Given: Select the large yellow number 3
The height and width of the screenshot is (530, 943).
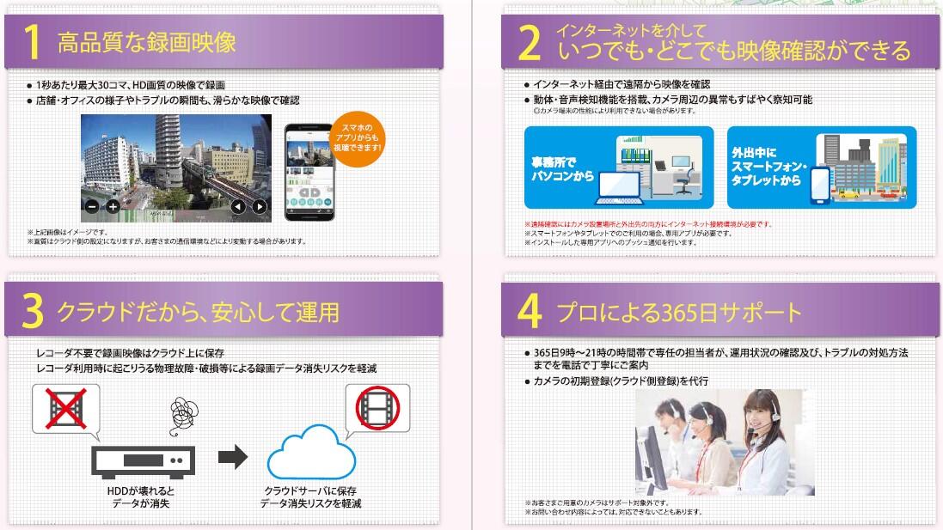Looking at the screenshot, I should [33, 314].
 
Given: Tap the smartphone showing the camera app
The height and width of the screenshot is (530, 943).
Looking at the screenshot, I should [318, 173].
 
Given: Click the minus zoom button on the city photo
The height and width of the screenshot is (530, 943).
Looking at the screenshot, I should [92, 206].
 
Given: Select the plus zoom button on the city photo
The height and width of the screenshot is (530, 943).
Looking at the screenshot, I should [112, 206].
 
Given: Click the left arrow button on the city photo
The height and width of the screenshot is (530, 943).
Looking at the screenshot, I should [238, 206].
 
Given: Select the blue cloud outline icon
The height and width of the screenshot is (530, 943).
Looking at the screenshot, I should [311, 455].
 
